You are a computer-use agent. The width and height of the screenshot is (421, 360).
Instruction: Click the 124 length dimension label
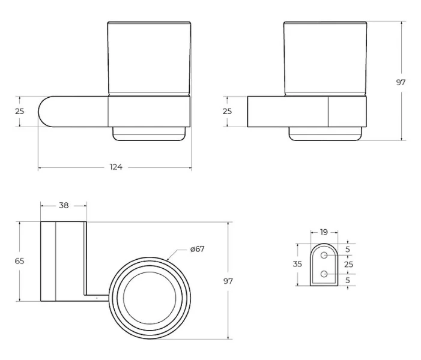tap(116, 167)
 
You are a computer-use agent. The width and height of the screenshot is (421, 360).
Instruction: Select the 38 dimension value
tap(64, 205)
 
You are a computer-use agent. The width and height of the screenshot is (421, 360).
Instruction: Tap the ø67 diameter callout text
tap(196, 249)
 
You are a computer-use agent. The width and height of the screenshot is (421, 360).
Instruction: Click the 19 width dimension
tap(324, 232)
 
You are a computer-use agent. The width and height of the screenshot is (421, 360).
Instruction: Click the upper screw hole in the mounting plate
tap(324, 256)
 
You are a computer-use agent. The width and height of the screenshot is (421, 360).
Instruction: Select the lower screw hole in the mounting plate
tap(324, 274)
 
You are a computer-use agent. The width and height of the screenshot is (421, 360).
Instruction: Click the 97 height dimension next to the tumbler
tap(401, 82)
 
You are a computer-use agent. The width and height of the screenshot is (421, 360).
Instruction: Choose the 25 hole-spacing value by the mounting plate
tap(348, 264)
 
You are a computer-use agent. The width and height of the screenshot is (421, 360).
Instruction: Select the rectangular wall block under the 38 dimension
tap(63, 261)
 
